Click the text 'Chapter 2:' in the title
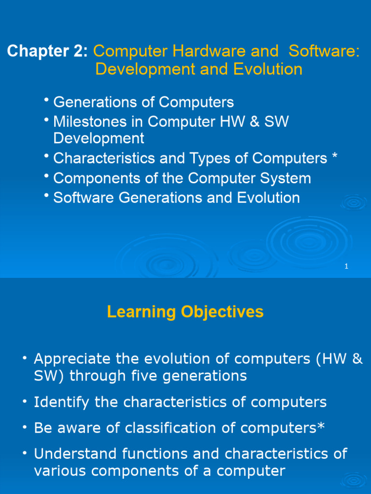click(47, 51)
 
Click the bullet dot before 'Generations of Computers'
click(46, 100)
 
